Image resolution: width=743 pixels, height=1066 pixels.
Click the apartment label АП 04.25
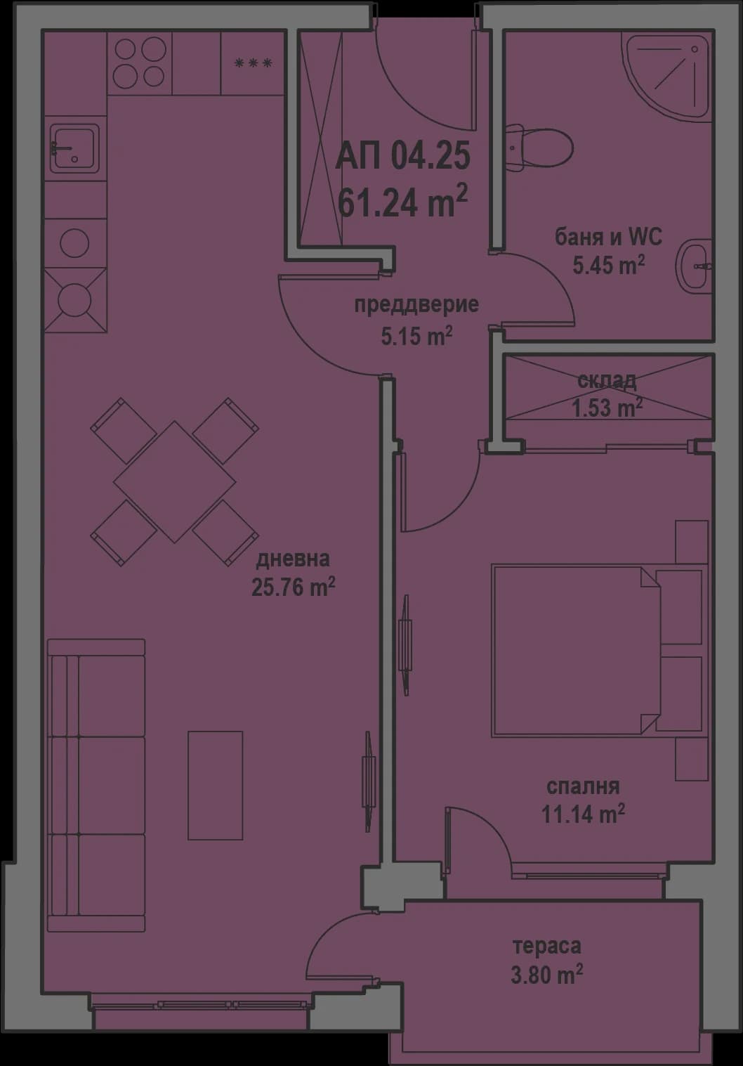point(402,156)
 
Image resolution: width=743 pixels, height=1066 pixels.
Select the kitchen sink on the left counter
point(74,148)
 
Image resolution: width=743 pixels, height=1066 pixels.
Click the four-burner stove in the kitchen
point(139,63)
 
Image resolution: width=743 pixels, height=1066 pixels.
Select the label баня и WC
point(608,237)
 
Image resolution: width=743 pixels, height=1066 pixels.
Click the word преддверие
point(416,305)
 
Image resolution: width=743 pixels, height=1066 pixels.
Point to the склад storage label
point(607,381)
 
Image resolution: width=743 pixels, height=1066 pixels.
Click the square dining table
point(174,481)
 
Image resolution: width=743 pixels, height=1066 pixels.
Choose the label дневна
point(293,559)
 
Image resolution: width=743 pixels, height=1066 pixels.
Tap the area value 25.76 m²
point(293,587)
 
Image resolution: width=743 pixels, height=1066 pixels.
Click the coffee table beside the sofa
point(215,785)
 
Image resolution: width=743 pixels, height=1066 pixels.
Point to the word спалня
point(583,786)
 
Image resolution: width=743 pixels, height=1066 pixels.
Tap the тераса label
point(547,946)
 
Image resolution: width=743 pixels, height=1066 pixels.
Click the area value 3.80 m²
point(547,975)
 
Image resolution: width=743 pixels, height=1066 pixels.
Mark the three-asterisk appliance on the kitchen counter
point(254,63)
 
